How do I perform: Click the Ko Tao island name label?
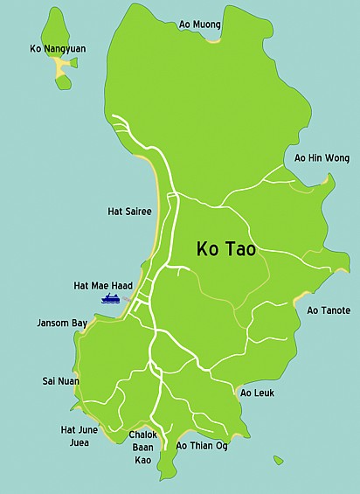click(225, 249)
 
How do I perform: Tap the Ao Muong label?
click(200, 25)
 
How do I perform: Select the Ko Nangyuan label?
click(59, 48)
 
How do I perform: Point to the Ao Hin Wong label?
click(322, 158)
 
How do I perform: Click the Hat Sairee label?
click(129, 211)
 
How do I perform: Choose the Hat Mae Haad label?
click(103, 286)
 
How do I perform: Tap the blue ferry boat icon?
click(111, 299)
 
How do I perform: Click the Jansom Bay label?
click(62, 323)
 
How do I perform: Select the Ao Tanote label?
click(329, 310)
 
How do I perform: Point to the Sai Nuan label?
click(60, 381)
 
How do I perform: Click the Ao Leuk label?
click(257, 393)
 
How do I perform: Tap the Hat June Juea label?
click(80, 435)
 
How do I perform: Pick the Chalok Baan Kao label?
click(142, 447)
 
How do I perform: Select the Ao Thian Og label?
click(202, 446)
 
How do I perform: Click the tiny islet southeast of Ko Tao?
click(278, 460)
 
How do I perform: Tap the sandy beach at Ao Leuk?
click(238, 388)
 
